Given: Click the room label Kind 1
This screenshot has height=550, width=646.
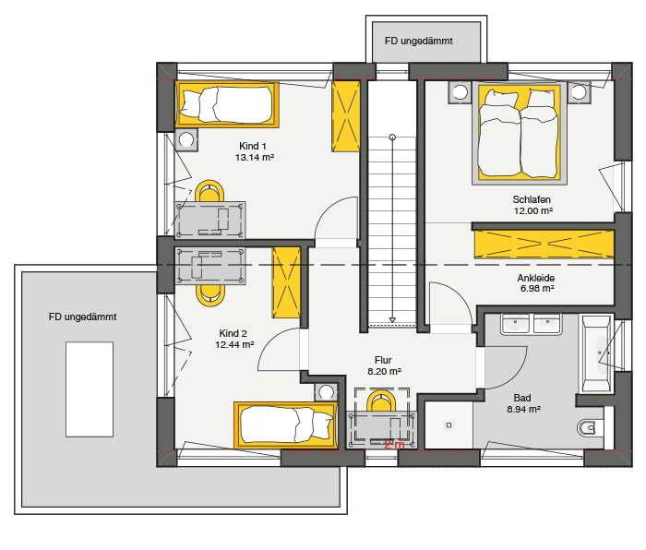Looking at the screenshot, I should pyautogui.click(x=253, y=146).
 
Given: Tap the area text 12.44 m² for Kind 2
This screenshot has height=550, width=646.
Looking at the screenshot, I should pyautogui.click(x=233, y=345).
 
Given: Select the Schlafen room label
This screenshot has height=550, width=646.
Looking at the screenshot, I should pyautogui.click(x=532, y=199).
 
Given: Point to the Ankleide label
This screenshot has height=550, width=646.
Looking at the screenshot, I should pyautogui.click(x=536, y=277).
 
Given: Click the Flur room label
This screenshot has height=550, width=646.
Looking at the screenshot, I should pyautogui.click(x=383, y=360).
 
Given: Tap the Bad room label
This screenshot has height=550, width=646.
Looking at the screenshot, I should pyautogui.click(x=522, y=398).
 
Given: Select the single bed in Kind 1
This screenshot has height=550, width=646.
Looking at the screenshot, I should pyautogui.click(x=227, y=103).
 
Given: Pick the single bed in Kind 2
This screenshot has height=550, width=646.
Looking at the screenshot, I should pyautogui.click(x=285, y=424).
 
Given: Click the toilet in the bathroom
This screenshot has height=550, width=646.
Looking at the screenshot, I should pyautogui.click(x=588, y=427).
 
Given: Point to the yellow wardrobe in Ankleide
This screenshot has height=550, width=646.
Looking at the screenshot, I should pyautogui.click(x=543, y=244).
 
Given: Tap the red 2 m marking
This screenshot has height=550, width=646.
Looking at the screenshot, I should pyautogui.click(x=394, y=445).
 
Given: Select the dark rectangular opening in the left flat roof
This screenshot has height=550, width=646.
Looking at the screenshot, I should pyautogui.click(x=90, y=389).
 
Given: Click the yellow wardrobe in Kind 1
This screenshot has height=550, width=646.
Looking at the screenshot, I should pyautogui.click(x=346, y=116).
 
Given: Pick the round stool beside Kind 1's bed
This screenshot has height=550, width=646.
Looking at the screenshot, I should pyautogui.click(x=186, y=140).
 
